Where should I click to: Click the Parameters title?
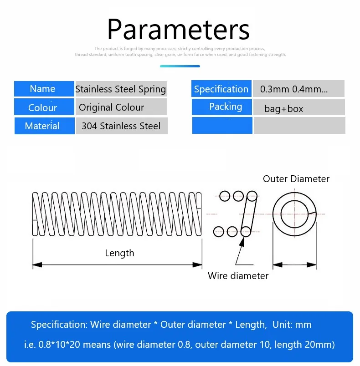coord(178,29)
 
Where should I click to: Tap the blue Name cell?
coord(44,89)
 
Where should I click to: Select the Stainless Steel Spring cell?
coord(121,89)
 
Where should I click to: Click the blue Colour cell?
coord(44,107)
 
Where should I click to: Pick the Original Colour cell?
coord(121,107)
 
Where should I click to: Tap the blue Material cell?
coord(44,126)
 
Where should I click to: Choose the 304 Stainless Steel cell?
coord(121,126)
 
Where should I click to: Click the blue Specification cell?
coord(221,89)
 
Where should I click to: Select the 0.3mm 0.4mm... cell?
coord(298,89)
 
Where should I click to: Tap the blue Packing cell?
coord(221,107)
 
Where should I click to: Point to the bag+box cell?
coord(298,107)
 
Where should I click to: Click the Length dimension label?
coord(119,253)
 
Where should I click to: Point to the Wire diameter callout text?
coord(238,275)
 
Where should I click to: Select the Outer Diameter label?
coord(296,179)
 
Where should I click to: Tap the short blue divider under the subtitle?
coord(180,66)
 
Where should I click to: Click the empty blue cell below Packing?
coord(222,126)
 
